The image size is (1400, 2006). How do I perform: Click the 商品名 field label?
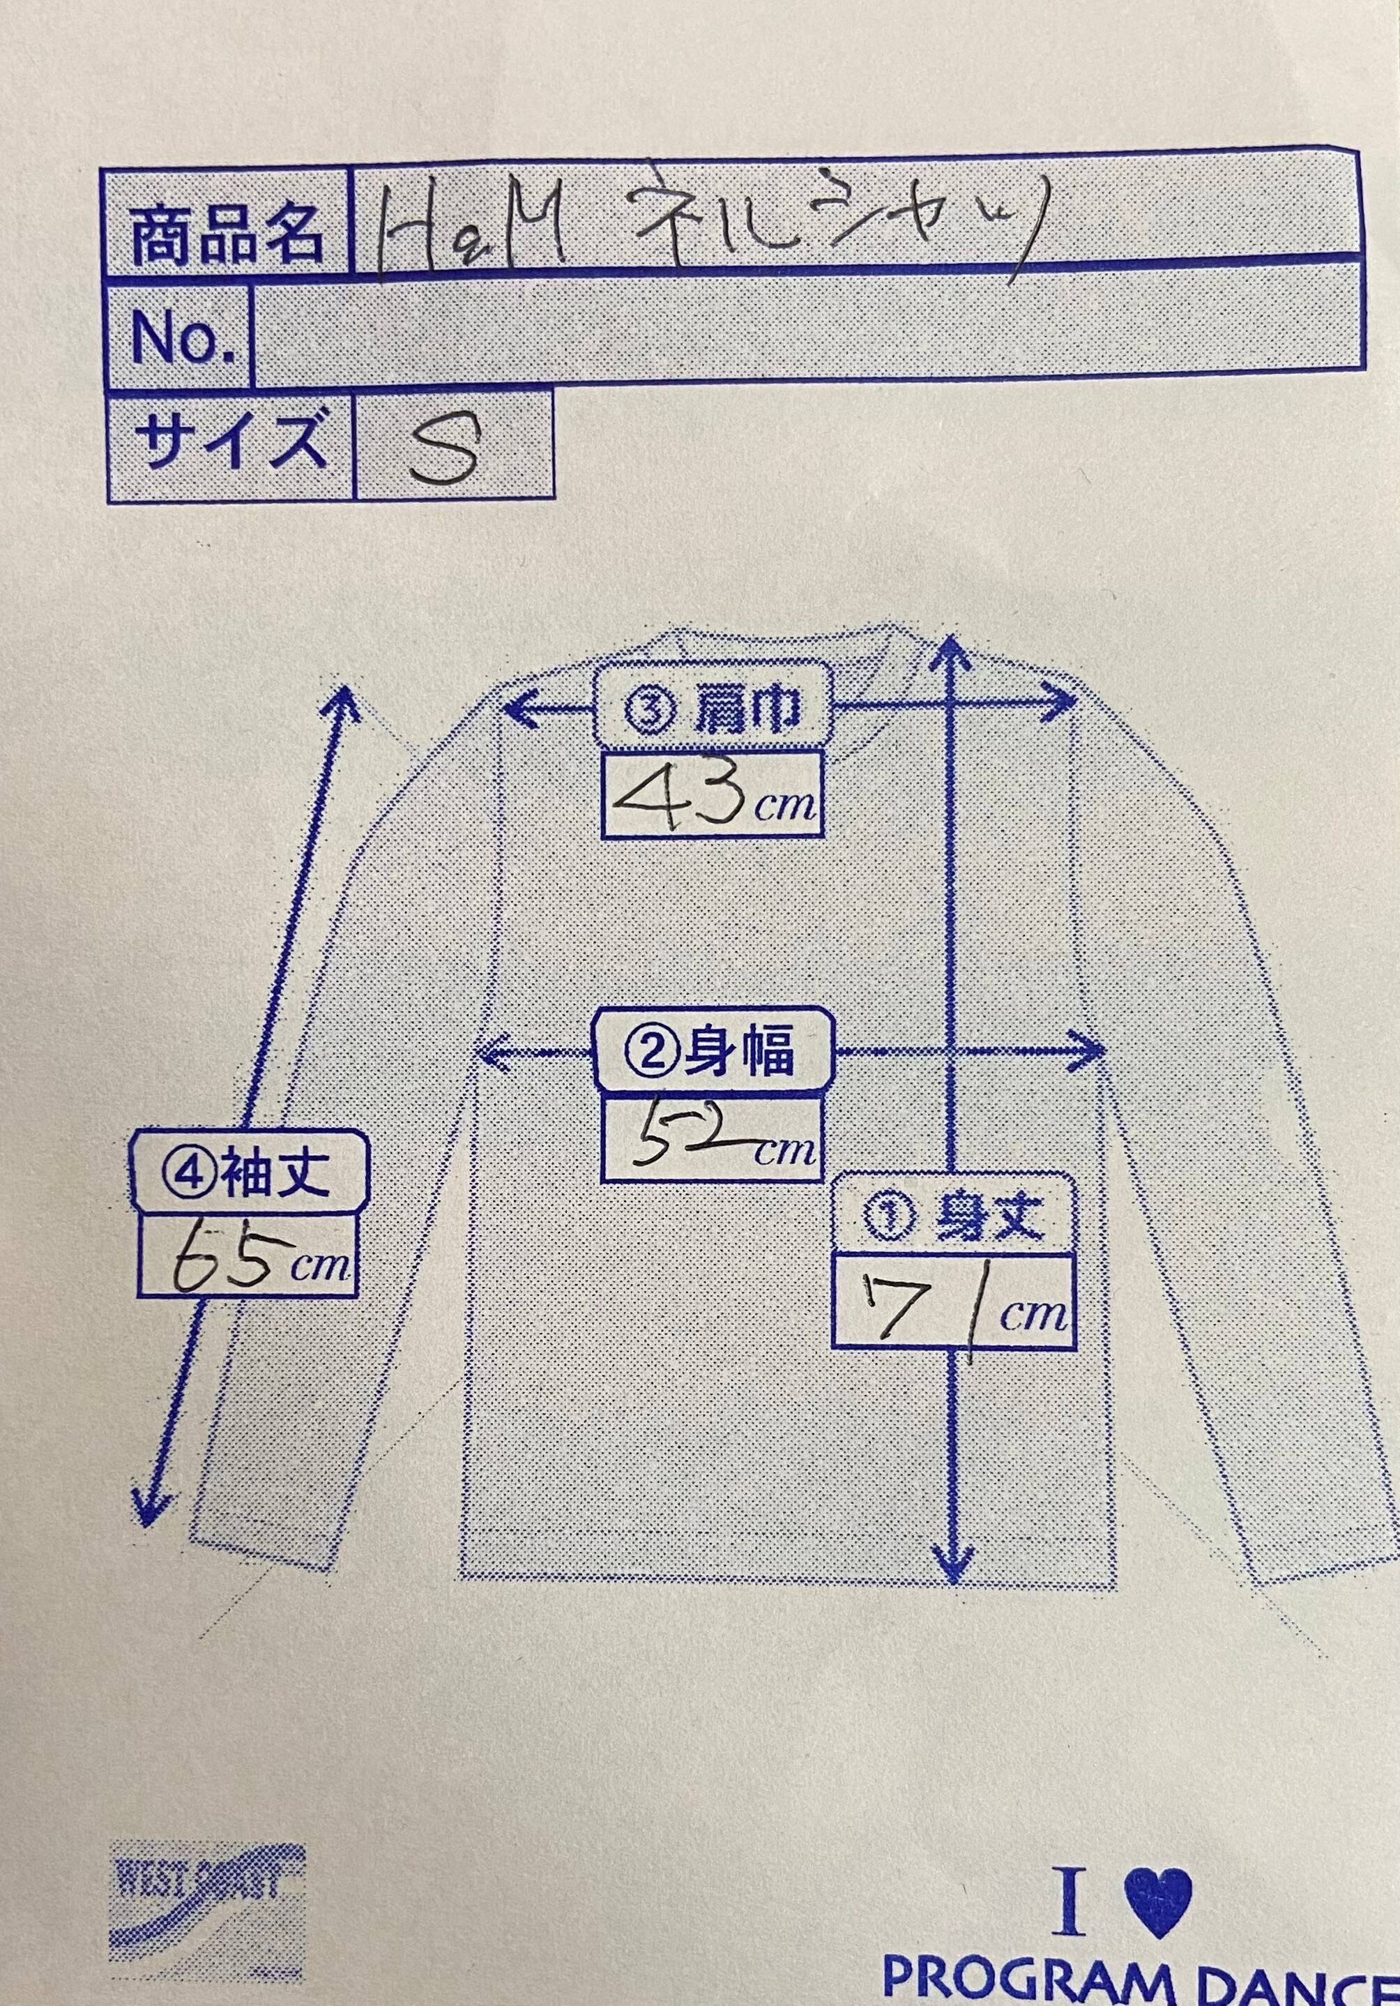coord(226,235)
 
